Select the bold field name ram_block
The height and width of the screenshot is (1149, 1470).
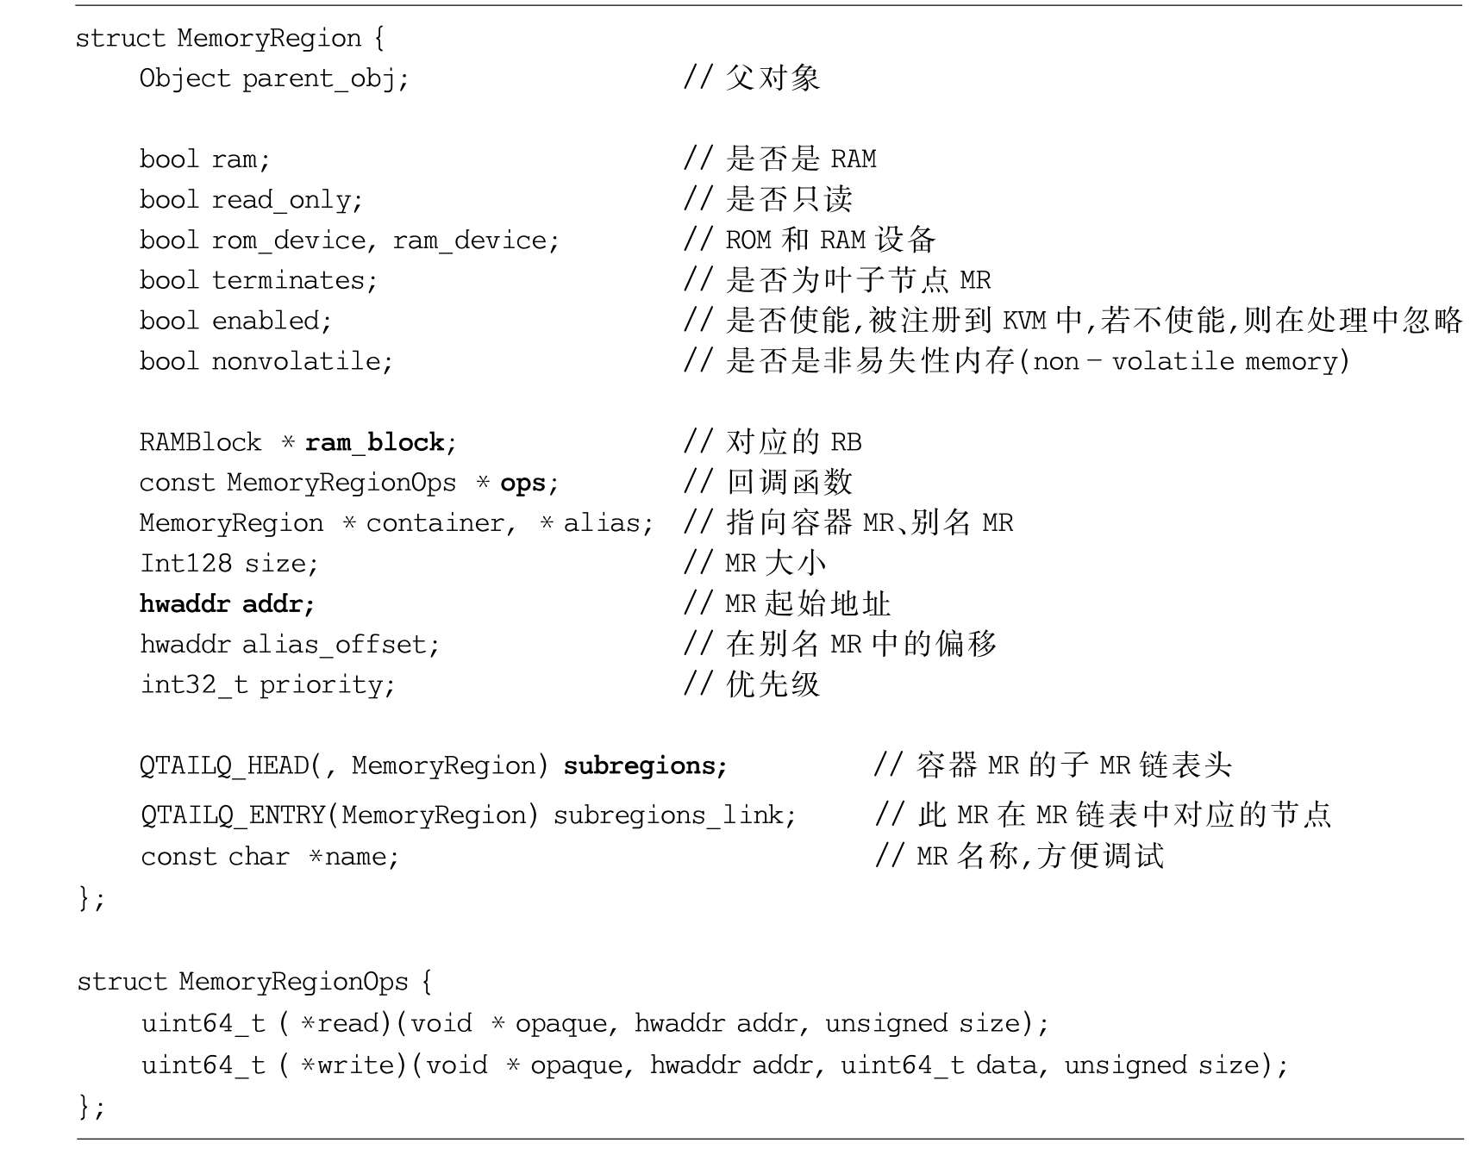click(374, 443)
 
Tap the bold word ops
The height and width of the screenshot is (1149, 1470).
click(522, 484)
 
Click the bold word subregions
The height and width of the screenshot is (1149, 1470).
click(639, 766)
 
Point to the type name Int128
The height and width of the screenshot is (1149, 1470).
click(185, 564)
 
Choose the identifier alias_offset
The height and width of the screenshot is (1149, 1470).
click(334, 645)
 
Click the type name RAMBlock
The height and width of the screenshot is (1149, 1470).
click(200, 443)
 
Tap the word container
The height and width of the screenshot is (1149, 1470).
click(435, 523)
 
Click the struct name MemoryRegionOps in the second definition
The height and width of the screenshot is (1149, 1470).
click(293, 983)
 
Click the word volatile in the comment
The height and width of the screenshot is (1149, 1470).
click(1173, 361)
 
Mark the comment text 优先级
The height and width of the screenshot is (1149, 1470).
click(773, 685)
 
